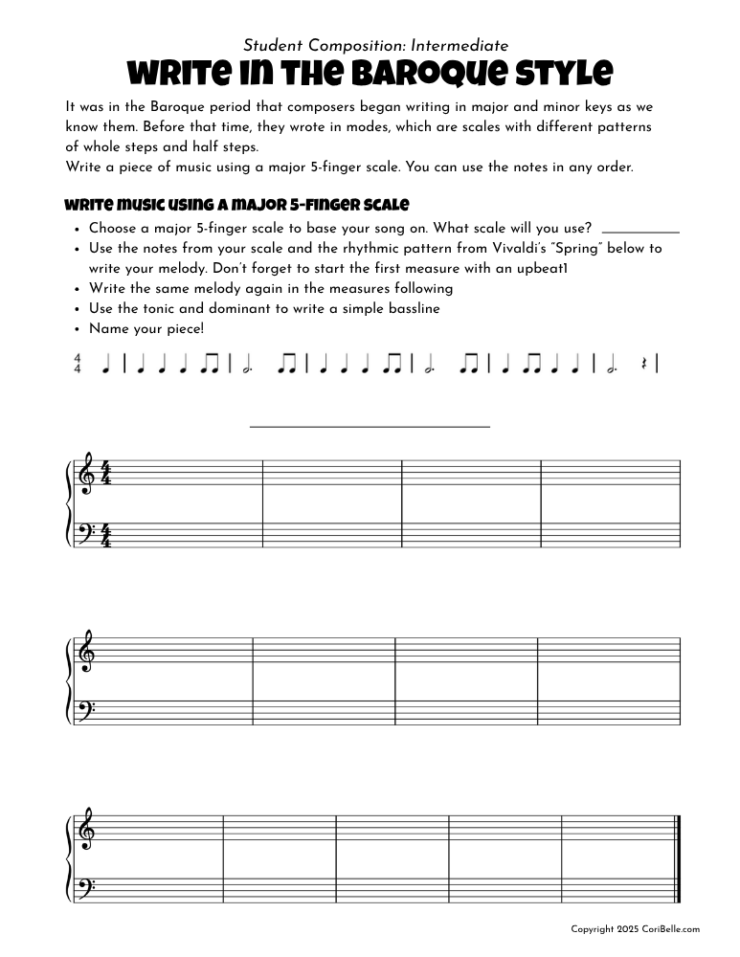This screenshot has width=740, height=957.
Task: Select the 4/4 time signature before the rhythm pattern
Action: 78,364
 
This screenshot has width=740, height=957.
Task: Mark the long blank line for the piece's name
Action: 370,426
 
